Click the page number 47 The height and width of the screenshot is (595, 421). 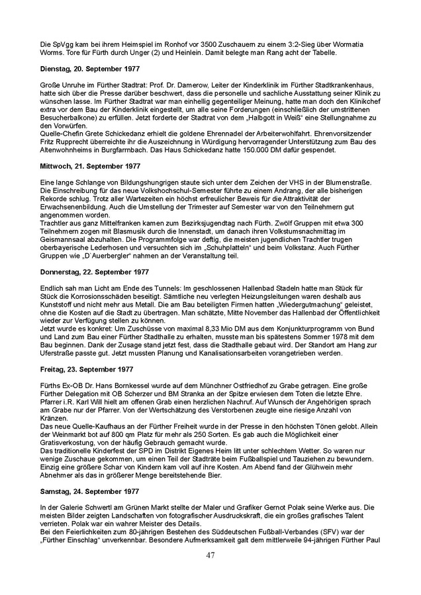click(x=210, y=555)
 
